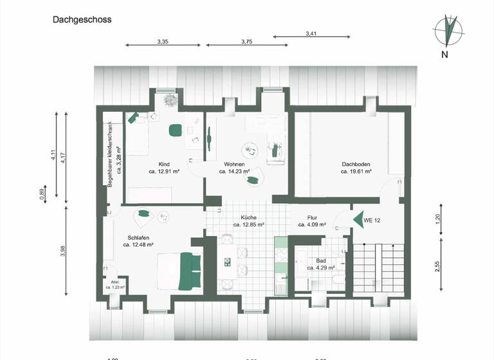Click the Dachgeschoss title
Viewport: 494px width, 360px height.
click(82, 20)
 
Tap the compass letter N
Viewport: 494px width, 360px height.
click(444, 55)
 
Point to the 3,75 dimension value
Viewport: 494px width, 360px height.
click(246, 42)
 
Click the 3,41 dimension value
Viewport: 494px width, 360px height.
click(311, 33)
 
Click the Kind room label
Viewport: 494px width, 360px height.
click(164, 165)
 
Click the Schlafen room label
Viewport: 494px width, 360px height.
click(138, 237)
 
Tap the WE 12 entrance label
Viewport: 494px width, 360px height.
click(372, 221)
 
